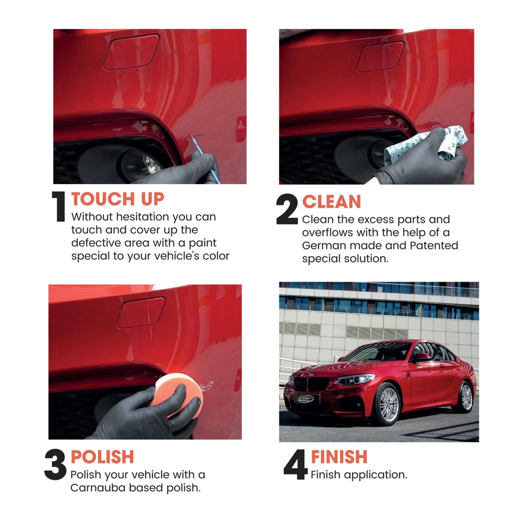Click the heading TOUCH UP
click(117, 199)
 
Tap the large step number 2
click(287, 210)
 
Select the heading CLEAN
click(331, 202)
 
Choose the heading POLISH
click(102, 457)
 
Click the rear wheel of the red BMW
click(466, 396)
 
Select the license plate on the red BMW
click(306, 398)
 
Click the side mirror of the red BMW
click(421, 357)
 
